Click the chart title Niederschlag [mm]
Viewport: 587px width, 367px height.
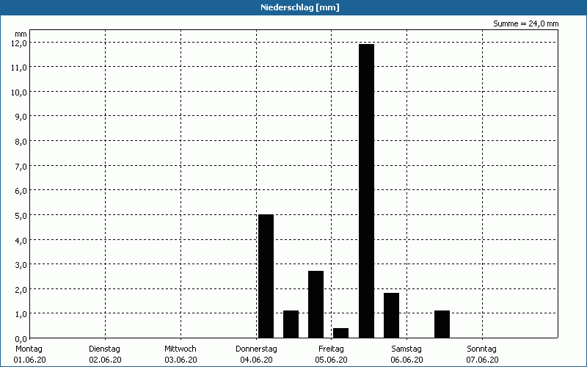click(x=299, y=7)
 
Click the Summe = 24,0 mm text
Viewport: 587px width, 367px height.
click(x=525, y=23)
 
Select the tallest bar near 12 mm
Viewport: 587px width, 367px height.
click(x=366, y=191)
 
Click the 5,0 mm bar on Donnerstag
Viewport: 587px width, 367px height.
click(x=266, y=276)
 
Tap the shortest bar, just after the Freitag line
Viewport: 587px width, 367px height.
click(x=340, y=333)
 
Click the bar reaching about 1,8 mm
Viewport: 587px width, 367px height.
click(x=391, y=316)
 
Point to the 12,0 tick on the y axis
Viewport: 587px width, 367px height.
click(x=19, y=43)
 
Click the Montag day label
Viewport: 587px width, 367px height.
click(x=29, y=349)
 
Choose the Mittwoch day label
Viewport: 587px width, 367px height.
click(x=181, y=349)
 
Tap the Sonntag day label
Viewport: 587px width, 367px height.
click(x=482, y=349)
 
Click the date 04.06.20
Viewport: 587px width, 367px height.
click(x=256, y=360)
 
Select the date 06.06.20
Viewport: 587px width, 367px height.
click(x=406, y=360)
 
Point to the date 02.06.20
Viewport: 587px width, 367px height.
click(x=105, y=360)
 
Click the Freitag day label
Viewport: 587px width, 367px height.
click(x=331, y=349)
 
